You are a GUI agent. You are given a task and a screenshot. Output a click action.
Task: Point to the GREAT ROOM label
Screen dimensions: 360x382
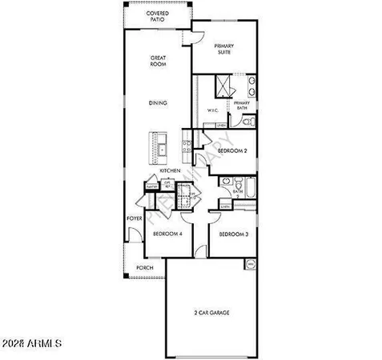pos(158,62)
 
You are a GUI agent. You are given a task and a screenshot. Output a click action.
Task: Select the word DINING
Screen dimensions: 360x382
pos(158,102)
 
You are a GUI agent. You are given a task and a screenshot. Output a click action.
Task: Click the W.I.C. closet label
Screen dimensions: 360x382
pos(212,110)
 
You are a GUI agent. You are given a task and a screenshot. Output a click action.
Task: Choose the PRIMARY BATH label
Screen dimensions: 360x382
pos(241,106)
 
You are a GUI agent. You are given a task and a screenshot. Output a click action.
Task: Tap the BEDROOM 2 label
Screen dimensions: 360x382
pos(232,150)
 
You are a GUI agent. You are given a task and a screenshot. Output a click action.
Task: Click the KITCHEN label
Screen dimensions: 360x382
pos(168,171)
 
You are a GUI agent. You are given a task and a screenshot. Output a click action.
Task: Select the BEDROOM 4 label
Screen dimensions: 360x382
pos(167,234)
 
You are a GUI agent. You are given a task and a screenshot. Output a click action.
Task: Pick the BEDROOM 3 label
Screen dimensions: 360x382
pos(233,234)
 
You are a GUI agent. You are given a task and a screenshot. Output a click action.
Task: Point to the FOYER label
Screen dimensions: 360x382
pos(134,218)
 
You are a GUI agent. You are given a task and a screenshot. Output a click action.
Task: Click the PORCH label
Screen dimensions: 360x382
pos(144,267)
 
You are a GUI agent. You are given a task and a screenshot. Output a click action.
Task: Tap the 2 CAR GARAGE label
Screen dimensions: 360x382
pos(212,312)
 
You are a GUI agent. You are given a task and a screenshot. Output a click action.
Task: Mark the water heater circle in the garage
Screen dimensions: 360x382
pos(249,263)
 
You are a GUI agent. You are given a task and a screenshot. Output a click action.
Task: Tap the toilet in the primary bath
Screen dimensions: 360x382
pos(247,122)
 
